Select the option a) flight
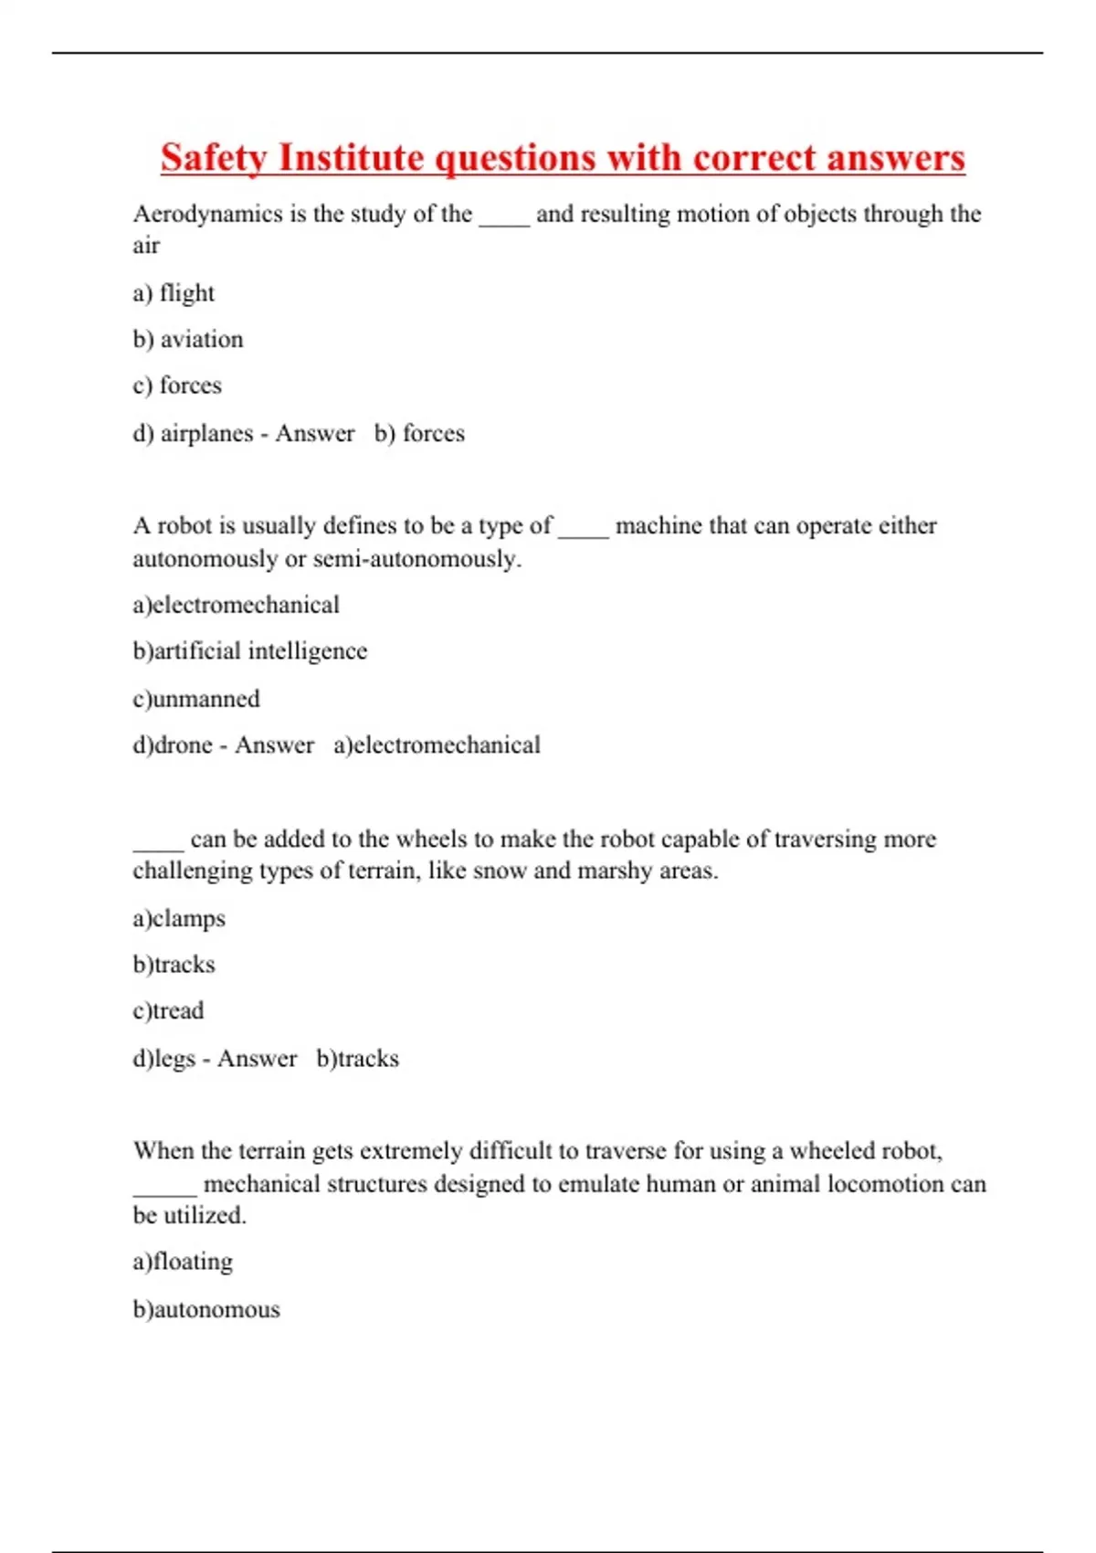174,293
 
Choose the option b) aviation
188,340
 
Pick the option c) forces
177,386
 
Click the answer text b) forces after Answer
419,433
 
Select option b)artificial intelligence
249,651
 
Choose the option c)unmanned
196,699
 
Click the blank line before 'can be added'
158,847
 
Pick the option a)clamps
179,918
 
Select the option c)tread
168,1011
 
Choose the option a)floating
183,1262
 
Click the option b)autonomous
206,1310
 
